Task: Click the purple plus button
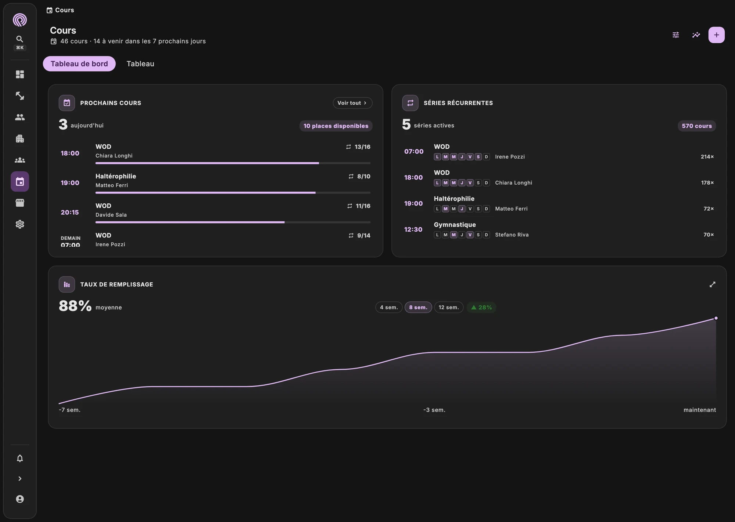click(x=716, y=35)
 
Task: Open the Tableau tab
click(x=140, y=64)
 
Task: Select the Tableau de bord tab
click(x=79, y=64)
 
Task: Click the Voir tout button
click(x=352, y=103)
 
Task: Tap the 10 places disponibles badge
click(x=336, y=126)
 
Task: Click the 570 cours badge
click(x=697, y=126)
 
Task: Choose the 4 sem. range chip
click(x=389, y=307)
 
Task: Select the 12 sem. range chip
click(x=449, y=307)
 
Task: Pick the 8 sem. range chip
click(x=418, y=307)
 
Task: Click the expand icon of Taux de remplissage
click(x=712, y=284)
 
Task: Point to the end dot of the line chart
click(x=716, y=318)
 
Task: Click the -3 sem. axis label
click(x=434, y=410)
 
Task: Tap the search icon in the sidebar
click(x=20, y=39)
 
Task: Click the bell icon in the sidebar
click(x=20, y=458)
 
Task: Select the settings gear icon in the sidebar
click(x=20, y=224)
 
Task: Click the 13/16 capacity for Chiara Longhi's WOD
click(x=362, y=147)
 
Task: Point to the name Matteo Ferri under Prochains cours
click(x=112, y=185)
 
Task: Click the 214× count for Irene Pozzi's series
click(x=707, y=157)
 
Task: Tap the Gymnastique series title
click(x=455, y=225)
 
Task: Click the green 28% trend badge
click(x=481, y=307)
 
